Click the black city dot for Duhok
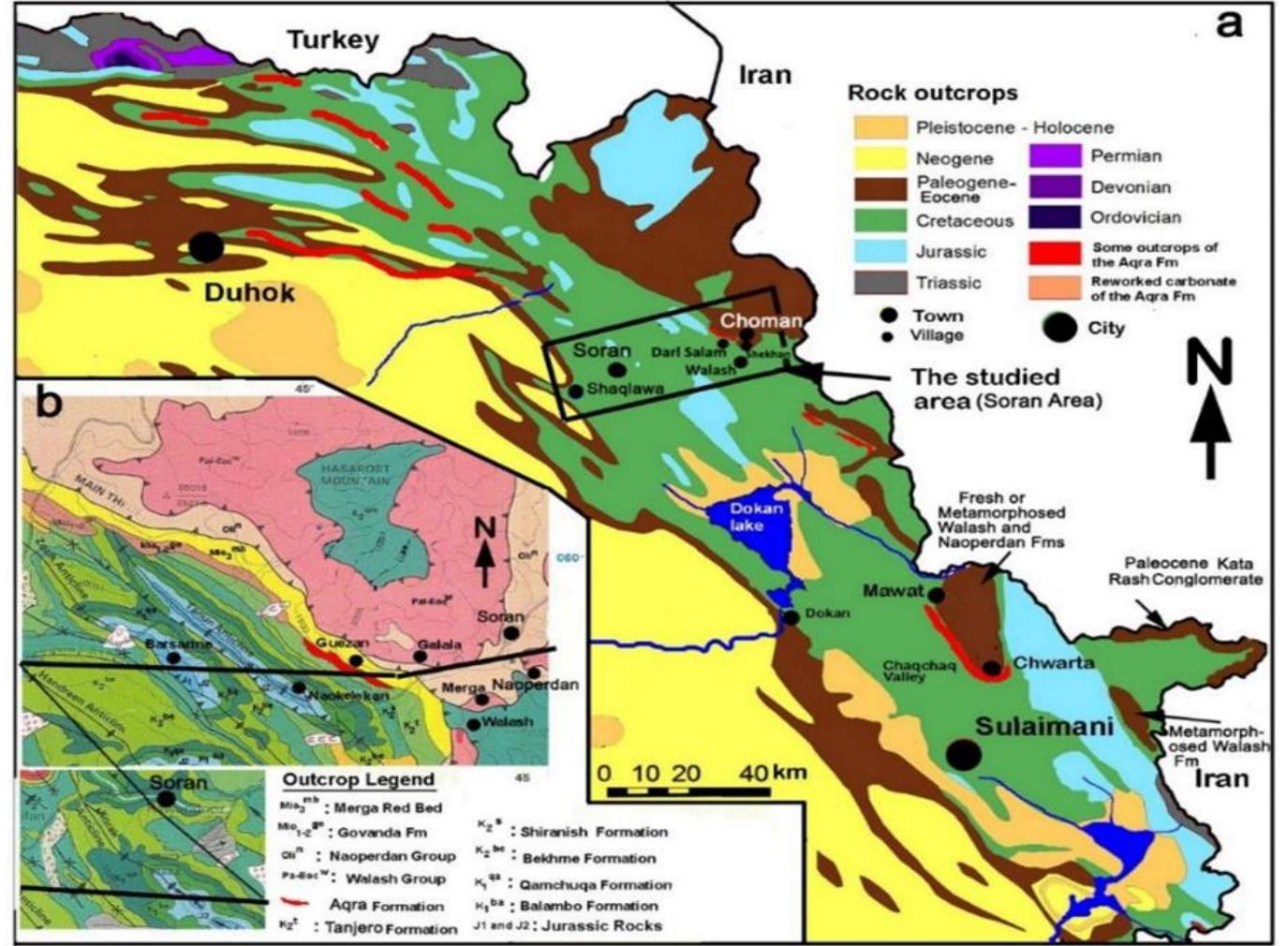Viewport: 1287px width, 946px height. (x=206, y=247)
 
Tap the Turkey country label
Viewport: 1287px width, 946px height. (x=333, y=39)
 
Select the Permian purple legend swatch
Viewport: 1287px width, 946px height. (x=1056, y=155)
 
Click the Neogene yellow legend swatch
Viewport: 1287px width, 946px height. (x=880, y=158)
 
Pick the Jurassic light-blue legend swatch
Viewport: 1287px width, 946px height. (x=880, y=251)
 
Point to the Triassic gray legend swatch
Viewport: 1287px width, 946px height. (x=880, y=282)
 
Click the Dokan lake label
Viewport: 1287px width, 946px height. (x=757, y=517)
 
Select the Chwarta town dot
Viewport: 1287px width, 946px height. (x=993, y=668)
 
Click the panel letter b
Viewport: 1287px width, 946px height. (x=49, y=402)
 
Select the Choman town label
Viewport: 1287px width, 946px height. (x=761, y=320)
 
